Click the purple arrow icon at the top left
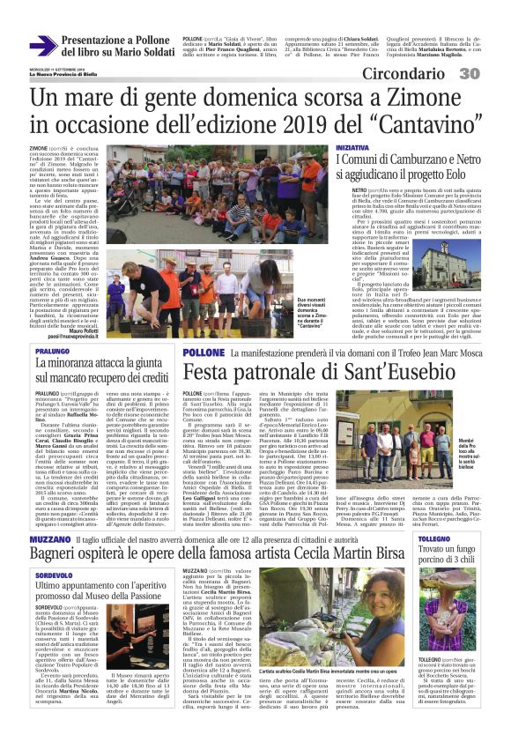(41, 46)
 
